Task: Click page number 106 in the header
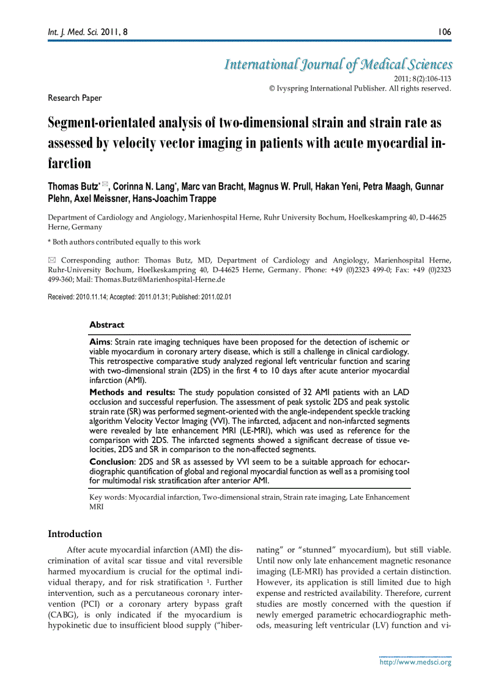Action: pyautogui.click(x=444, y=31)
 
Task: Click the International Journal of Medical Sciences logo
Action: pyautogui.click(x=338, y=65)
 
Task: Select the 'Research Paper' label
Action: pyautogui.click(x=75, y=98)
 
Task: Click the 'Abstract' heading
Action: pyautogui.click(x=106, y=325)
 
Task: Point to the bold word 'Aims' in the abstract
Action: pyautogui.click(x=100, y=342)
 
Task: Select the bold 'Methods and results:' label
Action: pyautogui.click(x=133, y=392)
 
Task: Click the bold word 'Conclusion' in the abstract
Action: pyautogui.click(x=111, y=462)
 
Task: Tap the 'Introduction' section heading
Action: pyautogui.click(x=75, y=534)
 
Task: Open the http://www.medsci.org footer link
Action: pyautogui.click(x=415, y=662)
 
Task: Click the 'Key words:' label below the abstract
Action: pyautogui.click(x=108, y=497)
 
